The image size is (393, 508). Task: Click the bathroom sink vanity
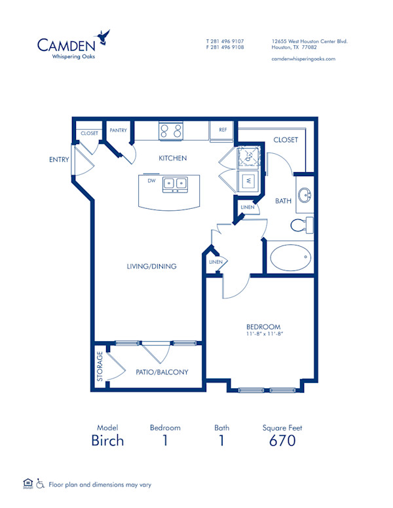305,196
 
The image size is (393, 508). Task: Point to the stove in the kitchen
172,130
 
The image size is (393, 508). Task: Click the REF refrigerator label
223,130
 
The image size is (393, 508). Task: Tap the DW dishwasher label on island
151,181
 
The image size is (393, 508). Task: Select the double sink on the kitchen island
174,184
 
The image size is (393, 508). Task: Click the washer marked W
249,181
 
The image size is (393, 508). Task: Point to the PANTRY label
118,130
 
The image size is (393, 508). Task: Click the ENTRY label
58,159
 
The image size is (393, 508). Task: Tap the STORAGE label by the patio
100,367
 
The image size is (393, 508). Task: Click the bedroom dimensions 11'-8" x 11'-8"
264,334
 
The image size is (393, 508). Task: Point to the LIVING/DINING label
152,266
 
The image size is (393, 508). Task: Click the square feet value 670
282,441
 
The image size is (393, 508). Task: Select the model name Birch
107,441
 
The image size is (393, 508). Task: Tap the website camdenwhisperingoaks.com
303,58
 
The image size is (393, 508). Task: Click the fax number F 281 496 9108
225,48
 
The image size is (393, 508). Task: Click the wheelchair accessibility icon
41,484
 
